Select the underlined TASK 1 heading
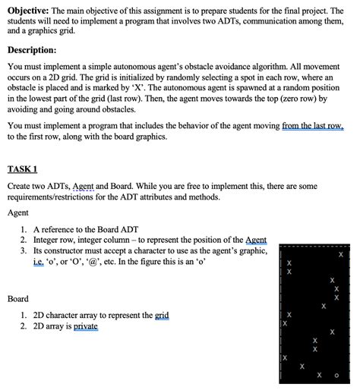click(22, 169)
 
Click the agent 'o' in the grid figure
click(336, 374)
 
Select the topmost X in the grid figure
click(340, 256)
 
